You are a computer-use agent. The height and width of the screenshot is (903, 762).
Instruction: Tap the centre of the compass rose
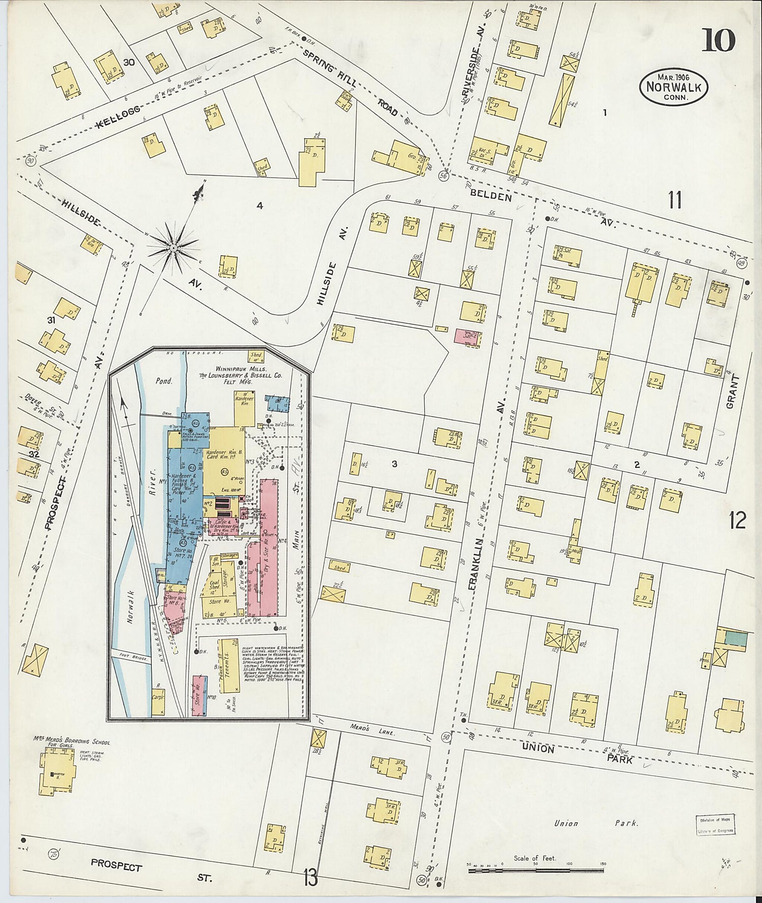tap(173, 248)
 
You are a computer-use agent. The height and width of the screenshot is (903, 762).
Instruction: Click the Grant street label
tap(732, 391)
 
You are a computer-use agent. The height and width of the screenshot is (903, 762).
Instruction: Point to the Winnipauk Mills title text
tap(247, 370)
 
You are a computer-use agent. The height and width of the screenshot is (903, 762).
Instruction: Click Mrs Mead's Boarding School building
tap(56, 773)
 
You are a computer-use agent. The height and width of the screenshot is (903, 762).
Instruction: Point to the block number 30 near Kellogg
tap(129, 63)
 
